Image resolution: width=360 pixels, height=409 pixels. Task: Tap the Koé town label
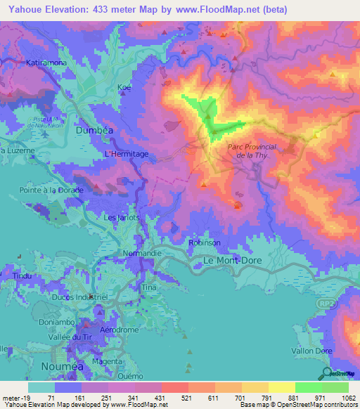coord(124,87)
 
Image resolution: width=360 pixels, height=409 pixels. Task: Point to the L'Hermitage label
coord(127,153)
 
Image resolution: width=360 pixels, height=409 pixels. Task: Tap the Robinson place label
coord(205,242)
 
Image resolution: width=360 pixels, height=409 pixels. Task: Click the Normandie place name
coord(143,253)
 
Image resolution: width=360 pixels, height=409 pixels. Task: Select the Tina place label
coord(148,288)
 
